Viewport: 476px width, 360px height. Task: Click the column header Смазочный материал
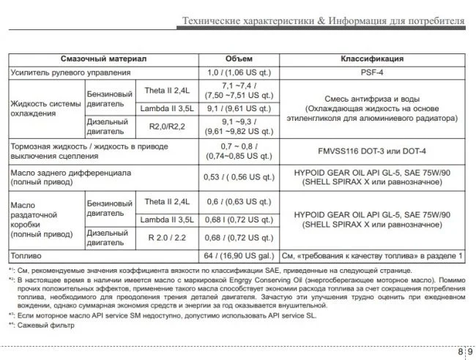click(x=105, y=59)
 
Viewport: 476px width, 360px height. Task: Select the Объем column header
click(x=239, y=59)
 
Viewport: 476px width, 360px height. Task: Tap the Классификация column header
click(x=372, y=59)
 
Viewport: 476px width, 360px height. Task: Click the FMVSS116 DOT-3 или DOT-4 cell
click(x=372, y=151)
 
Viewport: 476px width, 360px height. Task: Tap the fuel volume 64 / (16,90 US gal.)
click(x=239, y=257)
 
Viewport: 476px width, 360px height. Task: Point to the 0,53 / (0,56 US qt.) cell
click(x=239, y=176)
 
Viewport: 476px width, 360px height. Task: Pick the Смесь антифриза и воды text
click(x=372, y=98)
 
